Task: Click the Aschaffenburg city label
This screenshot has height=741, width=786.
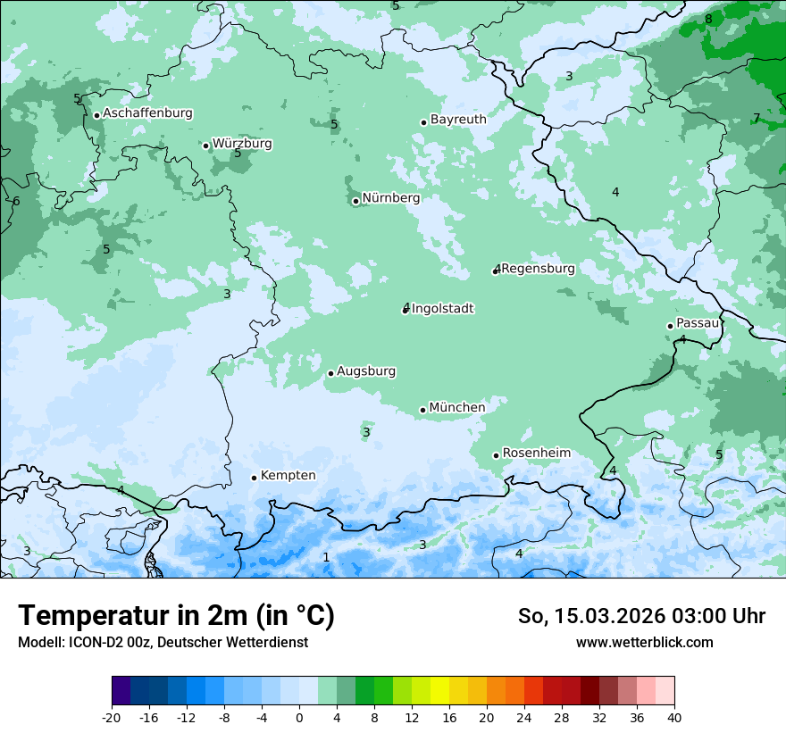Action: (147, 113)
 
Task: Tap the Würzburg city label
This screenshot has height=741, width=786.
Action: (242, 144)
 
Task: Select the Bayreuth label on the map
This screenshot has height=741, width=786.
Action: (458, 120)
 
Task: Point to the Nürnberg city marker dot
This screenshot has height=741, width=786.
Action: (355, 201)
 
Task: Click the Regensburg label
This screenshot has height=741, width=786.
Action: (538, 269)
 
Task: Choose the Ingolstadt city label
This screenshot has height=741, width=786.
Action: (443, 309)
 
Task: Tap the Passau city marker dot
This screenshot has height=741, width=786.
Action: (670, 326)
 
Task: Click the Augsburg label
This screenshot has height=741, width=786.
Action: (366, 371)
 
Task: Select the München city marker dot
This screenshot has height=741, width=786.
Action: (422, 411)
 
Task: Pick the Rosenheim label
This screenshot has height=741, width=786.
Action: (536, 454)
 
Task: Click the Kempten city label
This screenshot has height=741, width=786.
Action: (288, 476)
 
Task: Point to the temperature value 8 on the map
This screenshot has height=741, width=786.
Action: (708, 20)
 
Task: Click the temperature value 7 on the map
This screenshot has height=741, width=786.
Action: (757, 119)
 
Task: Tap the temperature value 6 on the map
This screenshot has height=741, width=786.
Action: (16, 202)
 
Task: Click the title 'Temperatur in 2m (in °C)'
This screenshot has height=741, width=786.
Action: (176, 615)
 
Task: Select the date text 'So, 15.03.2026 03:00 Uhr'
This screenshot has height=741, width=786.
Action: (641, 616)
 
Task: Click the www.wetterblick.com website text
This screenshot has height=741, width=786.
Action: (644, 642)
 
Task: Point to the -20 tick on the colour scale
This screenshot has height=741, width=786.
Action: (112, 717)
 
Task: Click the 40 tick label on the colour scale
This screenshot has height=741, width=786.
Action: (673, 717)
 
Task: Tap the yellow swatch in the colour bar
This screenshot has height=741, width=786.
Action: (439, 691)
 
